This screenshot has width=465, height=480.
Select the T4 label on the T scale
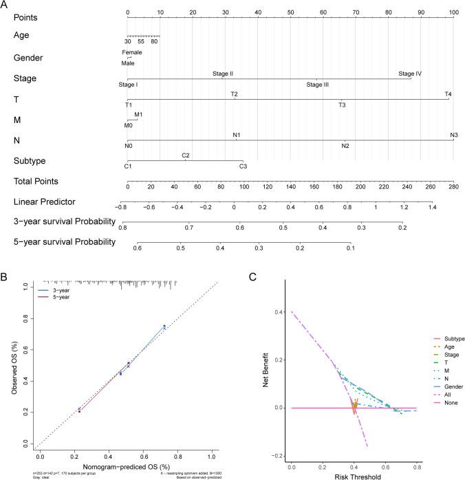click(x=448, y=94)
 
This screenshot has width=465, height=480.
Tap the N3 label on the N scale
click(x=454, y=135)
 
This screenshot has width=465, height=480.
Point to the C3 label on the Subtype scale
click(x=243, y=166)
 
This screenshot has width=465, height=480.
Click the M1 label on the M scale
click(x=138, y=114)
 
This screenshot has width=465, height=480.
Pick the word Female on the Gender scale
click(x=132, y=52)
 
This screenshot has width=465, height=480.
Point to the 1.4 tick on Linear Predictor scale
click(x=431, y=206)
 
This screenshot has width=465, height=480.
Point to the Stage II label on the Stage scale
click(x=223, y=73)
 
